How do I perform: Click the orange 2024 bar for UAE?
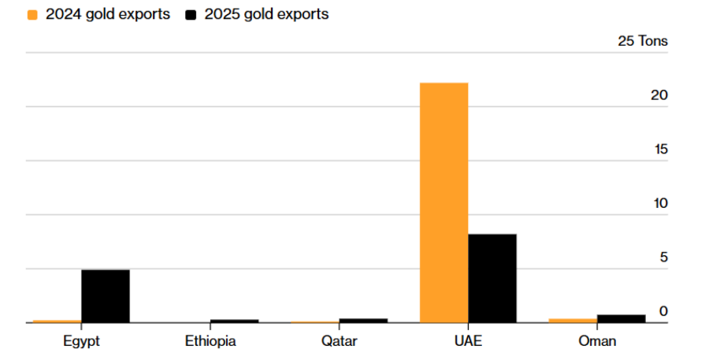point(444,202)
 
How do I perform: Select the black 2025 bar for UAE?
point(492,278)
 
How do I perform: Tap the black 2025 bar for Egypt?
point(106,296)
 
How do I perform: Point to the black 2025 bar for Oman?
point(621,318)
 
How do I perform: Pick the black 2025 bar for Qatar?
point(363,320)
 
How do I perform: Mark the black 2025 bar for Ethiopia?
point(234,321)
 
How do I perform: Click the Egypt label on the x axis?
point(81,341)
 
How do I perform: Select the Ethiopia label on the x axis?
point(210,341)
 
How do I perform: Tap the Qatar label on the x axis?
point(339,341)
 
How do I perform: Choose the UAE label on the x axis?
point(468,341)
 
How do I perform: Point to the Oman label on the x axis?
point(597,341)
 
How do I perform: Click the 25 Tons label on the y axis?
point(642,41)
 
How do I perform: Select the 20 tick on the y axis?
point(659,95)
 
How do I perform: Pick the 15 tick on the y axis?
point(659,149)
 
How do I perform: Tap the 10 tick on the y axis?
point(659,203)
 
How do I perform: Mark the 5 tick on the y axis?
point(663,257)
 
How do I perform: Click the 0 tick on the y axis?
point(663,311)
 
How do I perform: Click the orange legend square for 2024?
point(32,15)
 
